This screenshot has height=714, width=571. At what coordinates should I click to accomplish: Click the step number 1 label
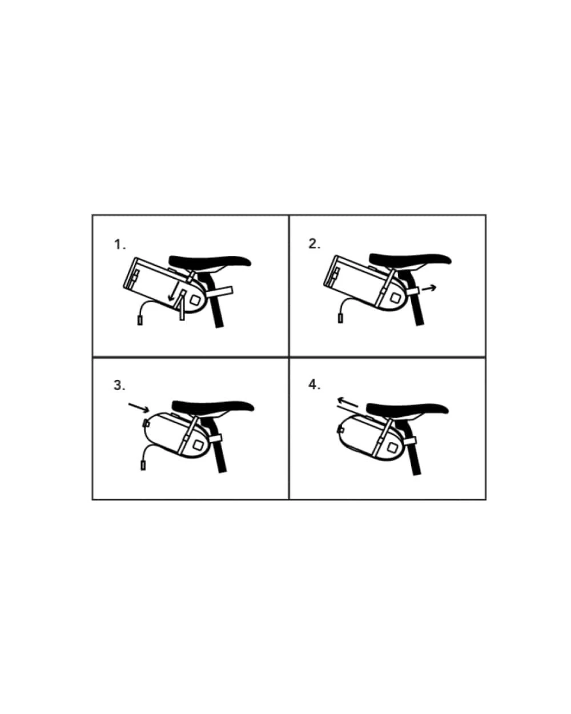119,245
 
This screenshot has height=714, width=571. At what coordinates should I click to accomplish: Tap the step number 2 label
314,244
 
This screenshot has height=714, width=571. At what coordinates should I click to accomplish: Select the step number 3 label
119,386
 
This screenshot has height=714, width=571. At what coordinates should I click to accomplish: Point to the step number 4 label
314,384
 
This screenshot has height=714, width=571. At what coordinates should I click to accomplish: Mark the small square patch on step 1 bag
195,299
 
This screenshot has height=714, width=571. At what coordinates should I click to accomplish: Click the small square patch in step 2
395,297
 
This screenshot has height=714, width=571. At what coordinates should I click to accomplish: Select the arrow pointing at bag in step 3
139,407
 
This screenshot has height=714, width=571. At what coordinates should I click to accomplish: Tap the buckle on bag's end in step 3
145,423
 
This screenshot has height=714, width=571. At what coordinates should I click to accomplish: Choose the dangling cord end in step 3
143,465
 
